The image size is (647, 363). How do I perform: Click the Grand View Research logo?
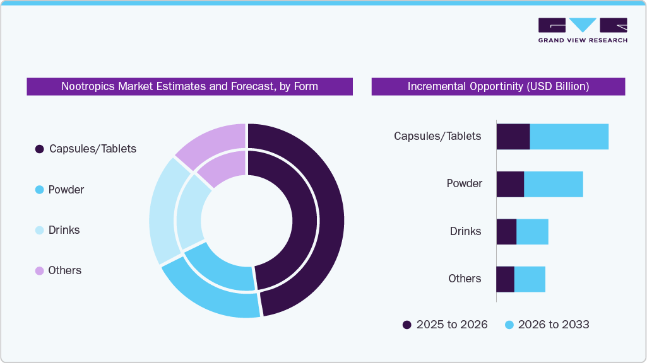coord(582,30)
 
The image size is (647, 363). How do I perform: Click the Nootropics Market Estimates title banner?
coord(189,86)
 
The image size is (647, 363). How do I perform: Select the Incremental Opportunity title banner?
coord(498,86)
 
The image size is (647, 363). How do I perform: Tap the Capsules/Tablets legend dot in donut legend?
coord(40,149)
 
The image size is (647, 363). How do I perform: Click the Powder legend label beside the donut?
coord(66,190)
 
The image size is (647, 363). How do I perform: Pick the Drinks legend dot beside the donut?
coord(40,230)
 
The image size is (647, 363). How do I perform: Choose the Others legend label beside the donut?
coord(65,270)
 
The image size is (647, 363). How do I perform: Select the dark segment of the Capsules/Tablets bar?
coord(513,137)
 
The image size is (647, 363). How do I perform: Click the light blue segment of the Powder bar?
coord(553,184)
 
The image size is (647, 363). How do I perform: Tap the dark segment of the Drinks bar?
coord(506,232)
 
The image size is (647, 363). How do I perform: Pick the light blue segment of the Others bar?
coord(530,279)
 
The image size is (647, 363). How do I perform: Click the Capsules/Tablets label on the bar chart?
coord(437,136)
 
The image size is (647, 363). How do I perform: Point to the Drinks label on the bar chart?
coord(465,231)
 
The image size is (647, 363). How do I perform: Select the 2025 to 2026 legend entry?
coord(445,325)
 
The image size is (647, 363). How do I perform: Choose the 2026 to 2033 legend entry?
coord(547,325)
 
